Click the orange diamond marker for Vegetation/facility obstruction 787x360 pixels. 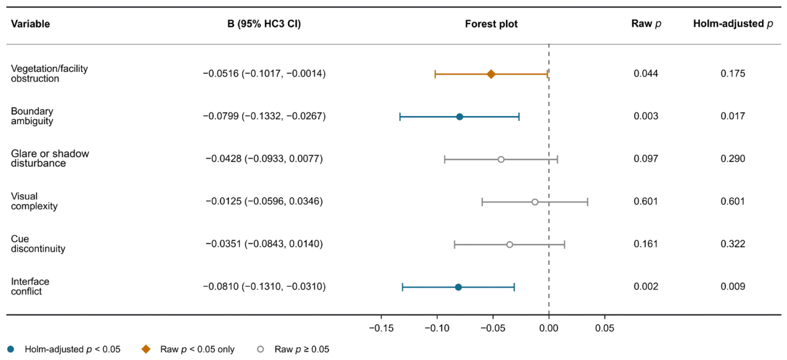coord(491,74)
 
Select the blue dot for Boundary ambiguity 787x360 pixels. coord(459,117)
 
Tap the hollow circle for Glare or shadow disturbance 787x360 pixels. coord(501,159)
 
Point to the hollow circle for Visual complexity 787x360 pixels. coord(535,202)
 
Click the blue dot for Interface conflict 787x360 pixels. coord(458,287)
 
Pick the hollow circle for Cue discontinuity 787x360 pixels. coord(509,245)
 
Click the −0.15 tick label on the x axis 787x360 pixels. coord(381,328)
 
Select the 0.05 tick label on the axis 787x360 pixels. coord(605,328)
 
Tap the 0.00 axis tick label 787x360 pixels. coord(549,328)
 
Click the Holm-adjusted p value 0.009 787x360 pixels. coord(733,287)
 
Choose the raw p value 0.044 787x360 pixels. coord(646,73)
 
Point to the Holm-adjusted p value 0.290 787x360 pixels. coord(733,159)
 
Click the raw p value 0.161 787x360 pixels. coord(646,244)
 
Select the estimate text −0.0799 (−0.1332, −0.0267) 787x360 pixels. coord(264,116)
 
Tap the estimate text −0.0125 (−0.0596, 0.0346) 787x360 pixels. coord(264,201)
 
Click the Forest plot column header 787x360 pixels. coord(491,24)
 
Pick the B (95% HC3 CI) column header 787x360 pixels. coord(264,24)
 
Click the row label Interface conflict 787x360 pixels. coord(30,286)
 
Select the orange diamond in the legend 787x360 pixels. coord(146,349)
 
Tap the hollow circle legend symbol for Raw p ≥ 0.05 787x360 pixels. coord(261,349)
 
